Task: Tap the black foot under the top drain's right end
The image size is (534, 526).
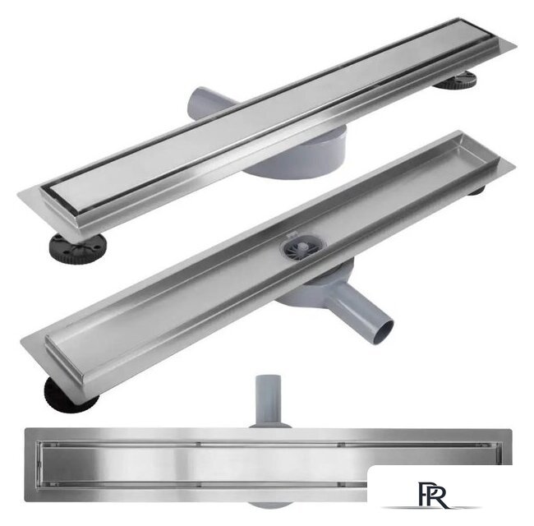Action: pos(456,80)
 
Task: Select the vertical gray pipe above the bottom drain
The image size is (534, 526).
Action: pos(269,399)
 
